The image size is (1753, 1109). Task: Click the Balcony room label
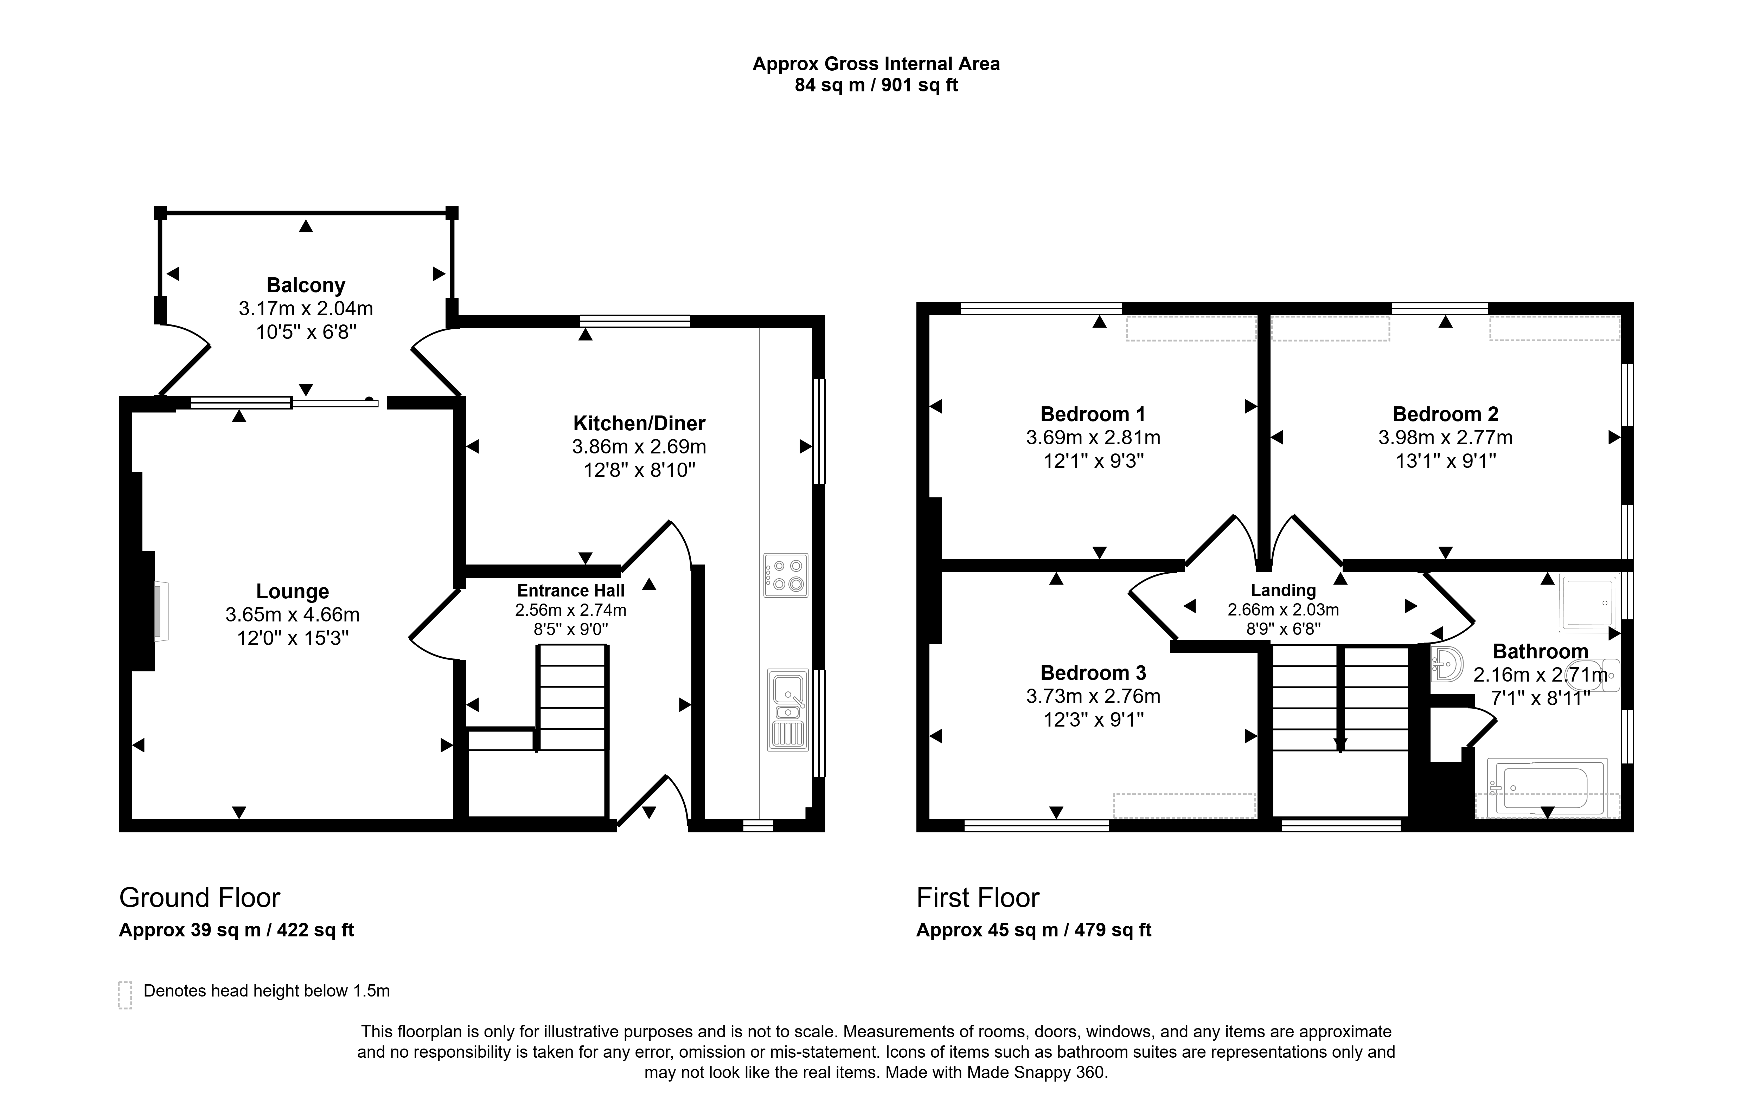[306, 285]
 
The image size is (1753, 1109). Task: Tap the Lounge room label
[293, 591]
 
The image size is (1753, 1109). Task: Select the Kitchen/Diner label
[639, 423]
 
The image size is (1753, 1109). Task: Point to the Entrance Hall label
[571, 590]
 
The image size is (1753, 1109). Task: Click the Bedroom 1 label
[1093, 414]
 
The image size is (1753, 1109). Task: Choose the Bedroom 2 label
[1445, 414]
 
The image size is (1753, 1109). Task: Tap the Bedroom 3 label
[1093, 672]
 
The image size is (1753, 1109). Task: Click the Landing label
[1284, 590]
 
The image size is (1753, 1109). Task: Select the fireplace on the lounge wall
[161, 611]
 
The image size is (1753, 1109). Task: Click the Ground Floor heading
[199, 898]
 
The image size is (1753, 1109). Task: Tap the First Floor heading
[978, 898]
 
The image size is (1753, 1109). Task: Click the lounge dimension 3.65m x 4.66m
[293, 615]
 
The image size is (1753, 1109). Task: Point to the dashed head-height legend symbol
[125, 995]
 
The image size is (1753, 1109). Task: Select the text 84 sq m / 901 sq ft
[876, 85]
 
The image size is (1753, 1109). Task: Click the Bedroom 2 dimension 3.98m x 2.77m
[1445, 437]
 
